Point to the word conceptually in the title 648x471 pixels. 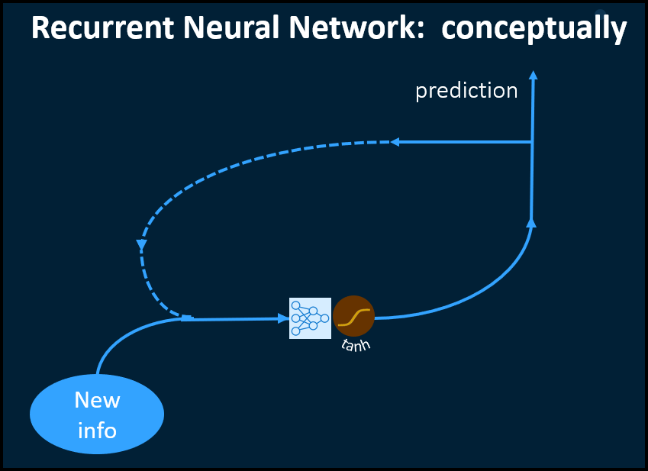pos(534,30)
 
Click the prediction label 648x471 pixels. pos(466,91)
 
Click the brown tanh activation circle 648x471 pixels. pos(353,316)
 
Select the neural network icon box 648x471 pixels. pos(310,318)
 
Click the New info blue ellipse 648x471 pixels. pos(97,414)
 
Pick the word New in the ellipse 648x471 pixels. pos(97,400)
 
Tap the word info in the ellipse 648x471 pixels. pos(97,430)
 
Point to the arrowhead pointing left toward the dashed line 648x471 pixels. pos(395,142)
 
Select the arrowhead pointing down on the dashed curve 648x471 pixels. pos(141,246)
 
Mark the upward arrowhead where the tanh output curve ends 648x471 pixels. pos(531,222)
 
